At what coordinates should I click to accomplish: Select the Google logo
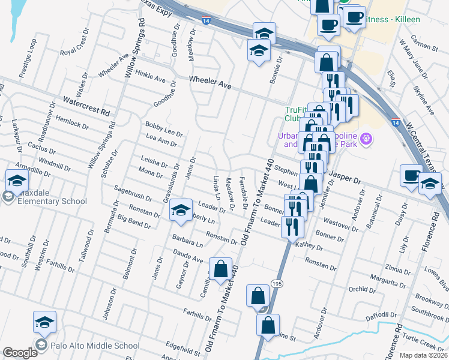click(x=20, y=353)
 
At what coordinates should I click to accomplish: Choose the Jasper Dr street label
click(x=345, y=179)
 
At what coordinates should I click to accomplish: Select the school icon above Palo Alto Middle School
click(x=44, y=323)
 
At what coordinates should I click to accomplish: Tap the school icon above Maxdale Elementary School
click(x=17, y=179)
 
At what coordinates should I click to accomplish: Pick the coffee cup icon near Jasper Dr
click(x=412, y=175)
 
